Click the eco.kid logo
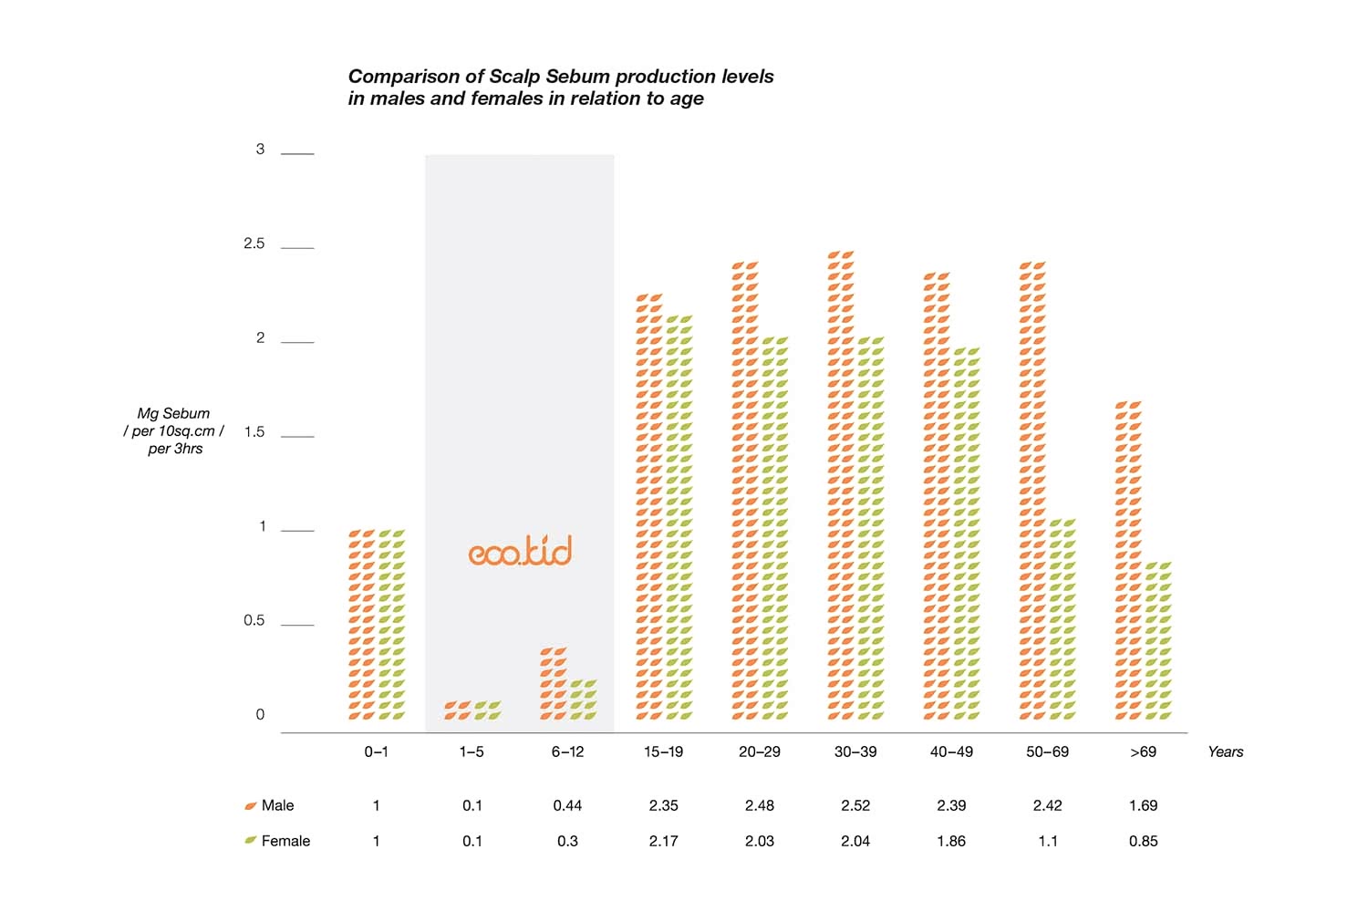[x=520, y=552]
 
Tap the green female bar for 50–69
[x=1062, y=619]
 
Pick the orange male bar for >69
[x=1128, y=560]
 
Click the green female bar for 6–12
[x=583, y=700]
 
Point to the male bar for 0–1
[x=362, y=625]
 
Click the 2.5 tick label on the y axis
[x=254, y=244]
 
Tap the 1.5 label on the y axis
[x=254, y=432]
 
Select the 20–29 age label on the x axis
[x=759, y=752]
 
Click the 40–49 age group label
[x=951, y=752]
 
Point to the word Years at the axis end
[x=1225, y=752]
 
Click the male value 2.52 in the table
[x=855, y=805]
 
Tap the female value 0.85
[x=1143, y=841]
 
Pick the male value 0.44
[x=567, y=805]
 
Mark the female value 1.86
[x=951, y=841]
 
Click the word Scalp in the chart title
[x=514, y=77]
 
